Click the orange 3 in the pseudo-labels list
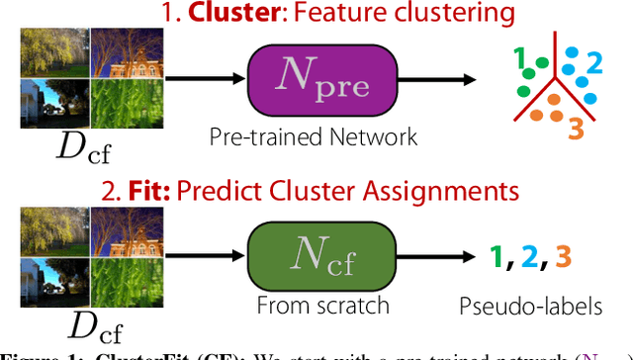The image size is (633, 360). click(x=564, y=258)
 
